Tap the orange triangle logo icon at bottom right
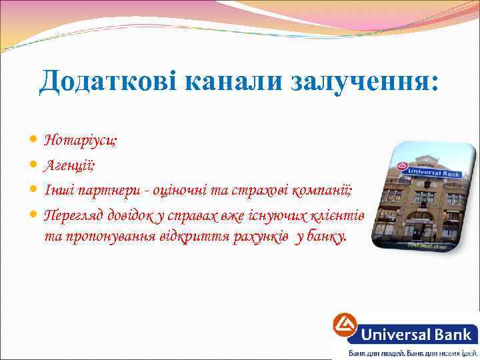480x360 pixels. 345,329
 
